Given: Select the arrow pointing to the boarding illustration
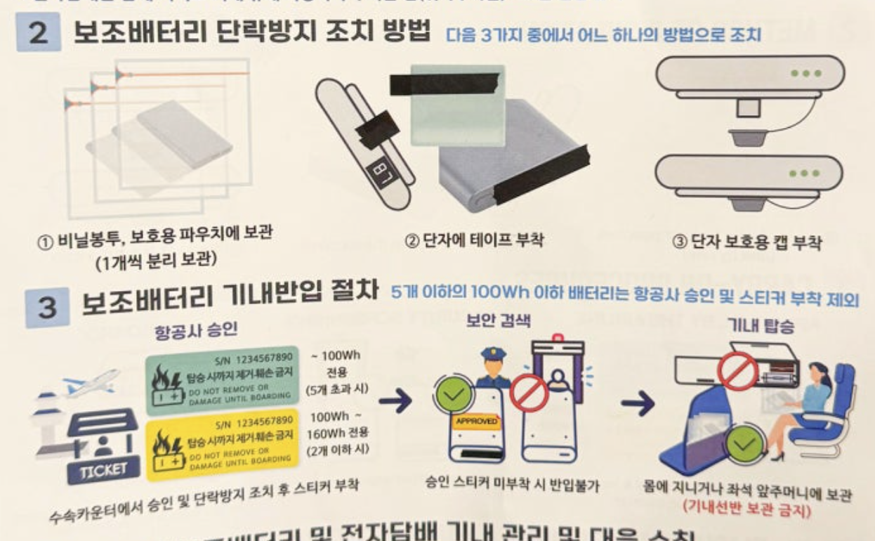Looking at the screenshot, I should [636, 403].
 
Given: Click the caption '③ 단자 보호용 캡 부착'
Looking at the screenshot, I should [747, 243].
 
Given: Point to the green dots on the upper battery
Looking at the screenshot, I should [805, 73].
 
